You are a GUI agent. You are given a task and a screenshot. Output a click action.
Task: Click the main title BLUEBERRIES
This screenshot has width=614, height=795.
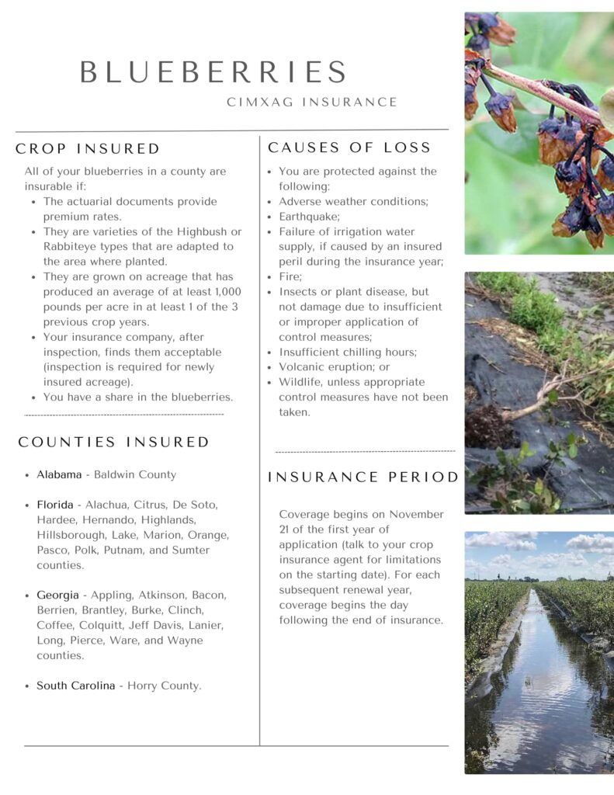pos(213,72)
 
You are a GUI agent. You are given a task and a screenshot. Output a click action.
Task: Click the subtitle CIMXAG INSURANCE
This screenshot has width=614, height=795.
pos(312,102)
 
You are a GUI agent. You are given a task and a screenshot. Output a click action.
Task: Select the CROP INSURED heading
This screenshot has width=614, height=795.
pos(88,149)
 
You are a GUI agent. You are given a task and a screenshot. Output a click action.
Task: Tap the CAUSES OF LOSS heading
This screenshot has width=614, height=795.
pos(349,148)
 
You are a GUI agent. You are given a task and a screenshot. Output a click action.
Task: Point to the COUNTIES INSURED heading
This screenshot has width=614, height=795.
pos(114,443)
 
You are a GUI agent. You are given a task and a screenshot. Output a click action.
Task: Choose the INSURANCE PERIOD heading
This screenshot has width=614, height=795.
pos(363,477)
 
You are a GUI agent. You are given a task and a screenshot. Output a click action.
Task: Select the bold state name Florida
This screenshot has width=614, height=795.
pos(55,505)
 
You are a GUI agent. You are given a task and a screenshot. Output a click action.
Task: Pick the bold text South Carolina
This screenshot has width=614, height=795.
pos(75,686)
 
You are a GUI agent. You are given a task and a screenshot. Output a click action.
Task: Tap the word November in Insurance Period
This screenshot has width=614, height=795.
pos(416,515)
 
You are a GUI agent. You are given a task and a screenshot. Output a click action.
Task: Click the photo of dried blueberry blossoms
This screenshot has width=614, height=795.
pos(539,133)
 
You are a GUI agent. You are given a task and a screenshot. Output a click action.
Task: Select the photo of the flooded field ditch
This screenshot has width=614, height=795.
pos(539,652)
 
